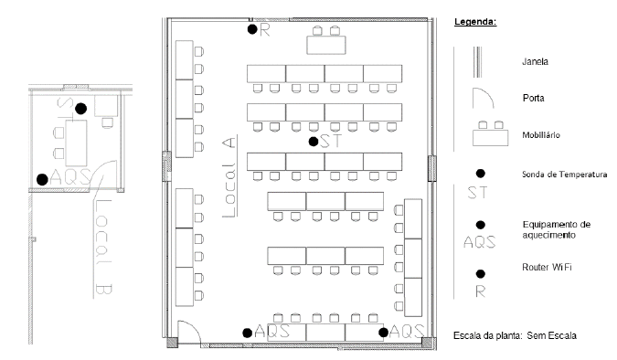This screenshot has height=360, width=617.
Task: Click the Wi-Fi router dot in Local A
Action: pyautogui.click(x=252, y=29)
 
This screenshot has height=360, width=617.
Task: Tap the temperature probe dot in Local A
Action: pyautogui.click(x=314, y=142)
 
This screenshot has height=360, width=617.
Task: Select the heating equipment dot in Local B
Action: pyautogui.click(x=42, y=179)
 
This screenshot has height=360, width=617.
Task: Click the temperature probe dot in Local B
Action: pyautogui.click(x=80, y=109)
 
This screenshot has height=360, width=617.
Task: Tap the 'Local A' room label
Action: pyautogui.click(x=229, y=175)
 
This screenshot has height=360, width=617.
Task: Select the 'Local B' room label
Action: pyautogui.click(x=103, y=247)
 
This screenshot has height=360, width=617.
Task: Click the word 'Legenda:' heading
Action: pyautogui.click(x=475, y=22)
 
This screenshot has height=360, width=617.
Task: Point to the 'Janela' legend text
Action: pyautogui.click(x=535, y=62)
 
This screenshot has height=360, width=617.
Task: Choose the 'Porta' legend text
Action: pyautogui.click(x=534, y=98)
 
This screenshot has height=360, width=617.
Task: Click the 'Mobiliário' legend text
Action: pyautogui.click(x=541, y=135)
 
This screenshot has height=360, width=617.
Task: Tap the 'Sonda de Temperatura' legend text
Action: pyautogui.click(x=564, y=175)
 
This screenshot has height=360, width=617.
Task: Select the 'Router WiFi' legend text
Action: pyautogui.click(x=547, y=267)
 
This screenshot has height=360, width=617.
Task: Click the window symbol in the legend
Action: pyautogui.click(x=477, y=62)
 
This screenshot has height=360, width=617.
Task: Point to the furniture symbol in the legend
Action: pyautogui.click(x=490, y=133)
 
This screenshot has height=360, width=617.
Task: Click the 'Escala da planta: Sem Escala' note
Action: pyautogui.click(x=516, y=335)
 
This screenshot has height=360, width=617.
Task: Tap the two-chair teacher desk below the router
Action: pyautogui.click(x=326, y=40)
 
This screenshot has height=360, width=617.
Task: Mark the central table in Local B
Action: pyautogui.click(x=76, y=143)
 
